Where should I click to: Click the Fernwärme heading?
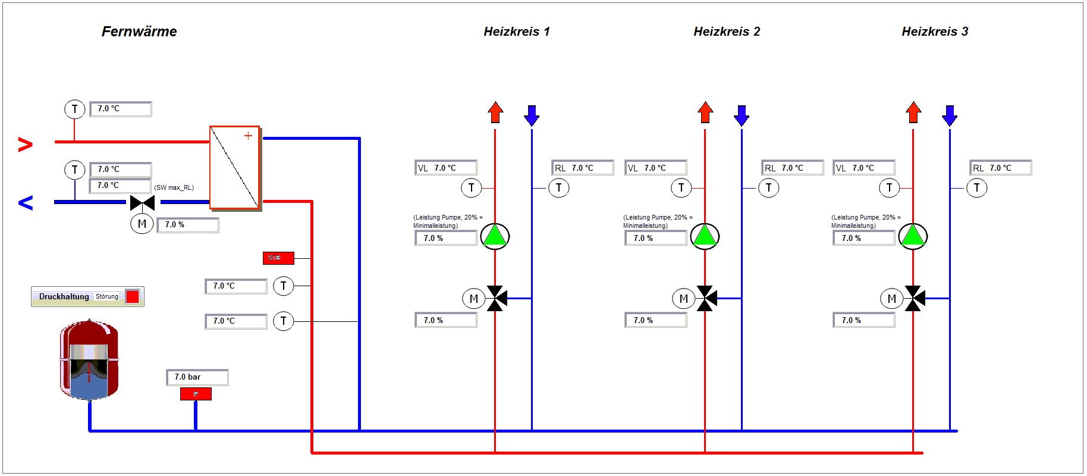[139, 32]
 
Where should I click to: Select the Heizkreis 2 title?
[727, 32]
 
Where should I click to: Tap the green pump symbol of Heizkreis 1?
[495, 236]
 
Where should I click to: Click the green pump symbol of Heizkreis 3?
[913, 236]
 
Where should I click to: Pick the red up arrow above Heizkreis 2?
[705, 112]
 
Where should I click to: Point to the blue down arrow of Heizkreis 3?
[950, 115]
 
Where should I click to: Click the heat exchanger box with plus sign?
[235, 167]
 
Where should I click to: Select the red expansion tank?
[89, 360]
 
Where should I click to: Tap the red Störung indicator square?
[133, 296]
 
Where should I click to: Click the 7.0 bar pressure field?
[197, 377]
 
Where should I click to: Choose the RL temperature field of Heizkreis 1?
[582, 168]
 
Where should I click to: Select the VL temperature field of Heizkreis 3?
[863, 168]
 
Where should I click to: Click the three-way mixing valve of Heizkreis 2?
[706, 298]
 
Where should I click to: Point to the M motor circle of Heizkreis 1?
[473, 299]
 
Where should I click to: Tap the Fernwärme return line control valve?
[142, 203]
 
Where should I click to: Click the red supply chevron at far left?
[25, 144]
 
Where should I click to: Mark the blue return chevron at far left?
[26, 203]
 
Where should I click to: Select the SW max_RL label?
[174, 187]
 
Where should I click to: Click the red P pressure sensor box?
[196, 394]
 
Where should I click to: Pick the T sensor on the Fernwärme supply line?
[74, 109]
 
